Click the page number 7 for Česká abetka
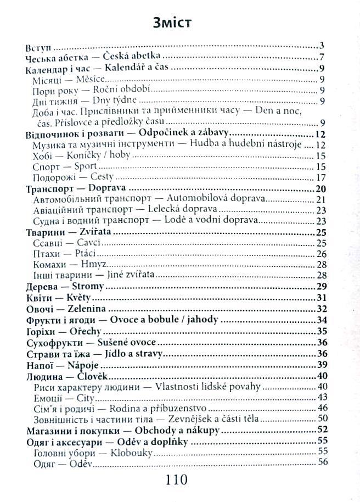click(x=324, y=58)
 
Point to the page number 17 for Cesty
click(x=322, y=177)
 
